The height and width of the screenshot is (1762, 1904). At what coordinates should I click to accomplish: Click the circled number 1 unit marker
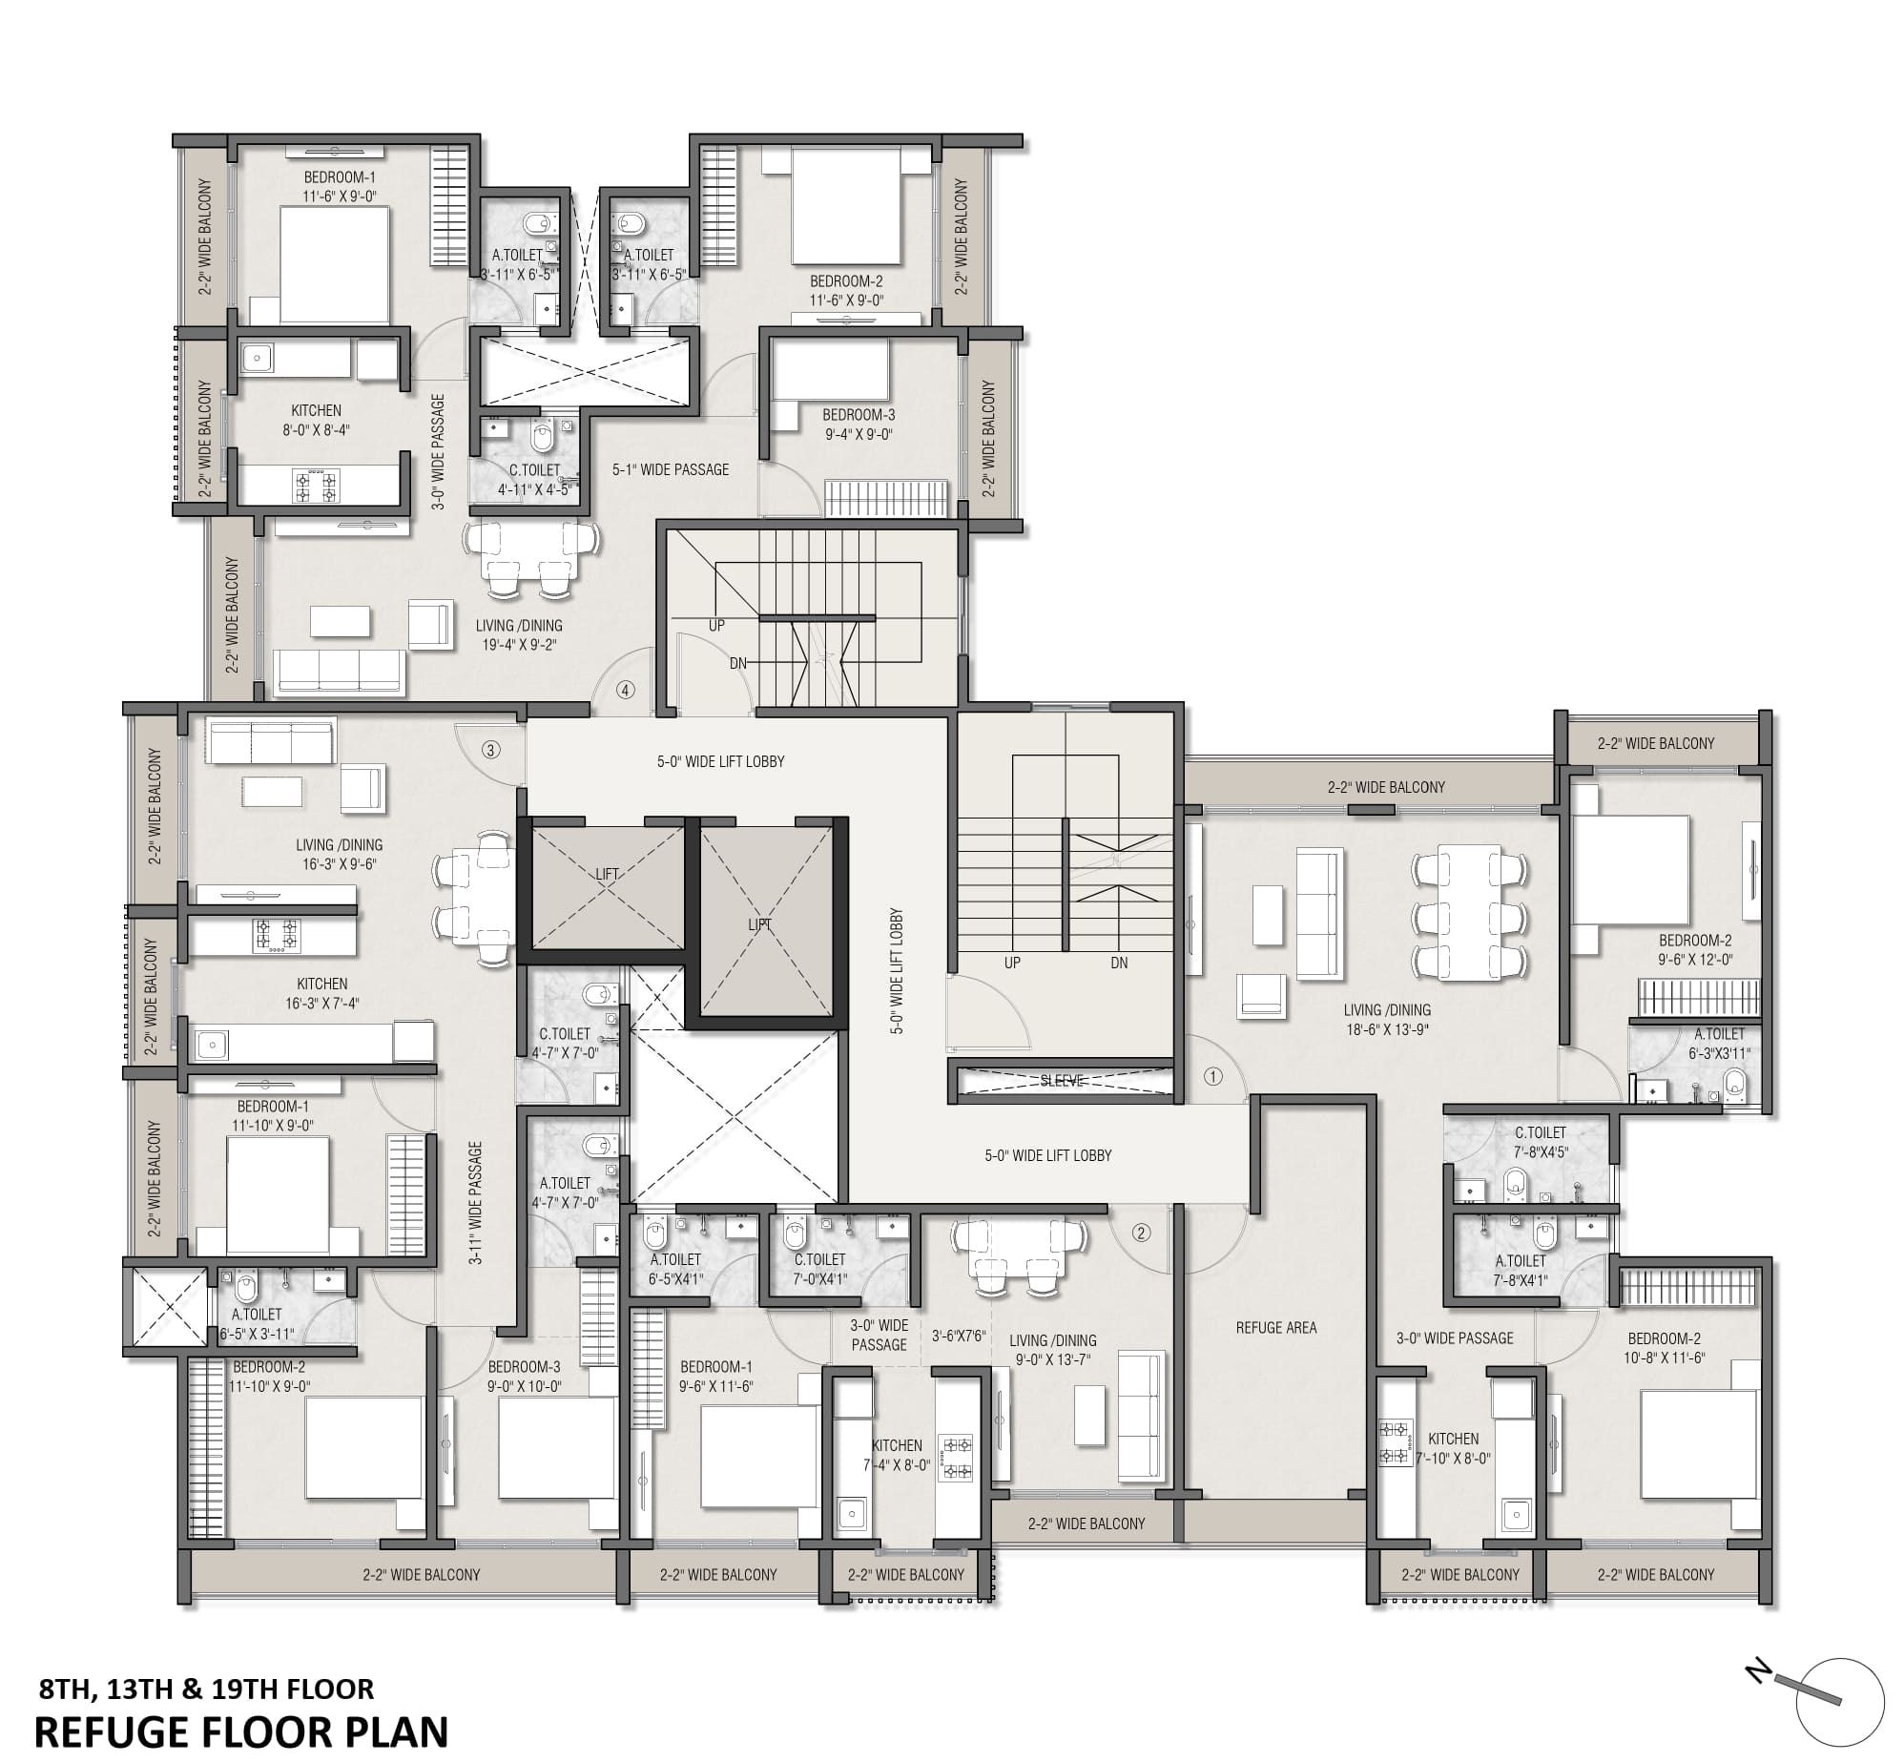1212,1077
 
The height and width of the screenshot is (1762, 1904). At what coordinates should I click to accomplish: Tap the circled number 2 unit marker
1141,1233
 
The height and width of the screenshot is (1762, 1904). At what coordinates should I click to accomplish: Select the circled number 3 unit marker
490,750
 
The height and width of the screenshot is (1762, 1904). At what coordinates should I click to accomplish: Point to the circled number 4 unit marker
625,690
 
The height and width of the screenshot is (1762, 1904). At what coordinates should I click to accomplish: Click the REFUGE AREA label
1275,1327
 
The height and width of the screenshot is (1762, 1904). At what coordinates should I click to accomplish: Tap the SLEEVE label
1062,1081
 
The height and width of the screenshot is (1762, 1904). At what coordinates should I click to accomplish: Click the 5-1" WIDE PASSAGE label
670,469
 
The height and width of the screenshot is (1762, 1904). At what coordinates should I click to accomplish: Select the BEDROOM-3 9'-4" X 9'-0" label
859,425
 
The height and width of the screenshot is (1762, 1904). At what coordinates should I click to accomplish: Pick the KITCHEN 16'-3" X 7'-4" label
321,993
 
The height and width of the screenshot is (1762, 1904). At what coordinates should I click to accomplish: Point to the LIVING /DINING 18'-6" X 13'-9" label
1386,1020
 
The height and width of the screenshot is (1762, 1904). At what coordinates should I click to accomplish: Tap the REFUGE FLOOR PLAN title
240,1731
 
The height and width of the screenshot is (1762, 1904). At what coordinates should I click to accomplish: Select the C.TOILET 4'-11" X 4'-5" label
534,480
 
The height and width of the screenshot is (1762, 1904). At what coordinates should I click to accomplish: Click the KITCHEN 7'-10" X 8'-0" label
1453,1448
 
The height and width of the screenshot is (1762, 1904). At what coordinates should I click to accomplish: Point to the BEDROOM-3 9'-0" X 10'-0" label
524,1376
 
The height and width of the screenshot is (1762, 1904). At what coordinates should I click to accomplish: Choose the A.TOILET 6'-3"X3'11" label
1719,1043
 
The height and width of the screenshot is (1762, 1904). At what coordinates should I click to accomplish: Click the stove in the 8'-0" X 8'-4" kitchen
316,486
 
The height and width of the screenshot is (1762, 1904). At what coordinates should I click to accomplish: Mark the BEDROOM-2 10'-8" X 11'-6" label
1664,1348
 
